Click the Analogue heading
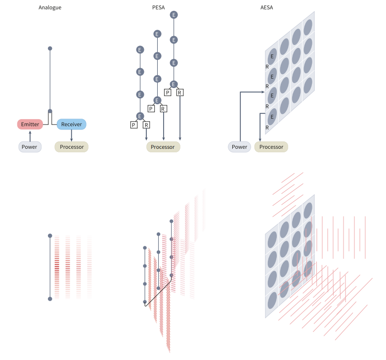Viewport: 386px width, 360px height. click(50, 7)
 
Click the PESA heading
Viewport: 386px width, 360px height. click(159, 7)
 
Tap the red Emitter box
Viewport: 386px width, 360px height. click(30, 124)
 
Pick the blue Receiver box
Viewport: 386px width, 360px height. click(72, 124)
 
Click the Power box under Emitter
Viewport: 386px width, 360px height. click(30, 147)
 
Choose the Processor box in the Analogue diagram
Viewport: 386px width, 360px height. click(72, 147)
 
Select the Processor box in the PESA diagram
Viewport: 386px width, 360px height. click(163, 147)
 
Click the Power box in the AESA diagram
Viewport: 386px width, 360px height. click(240, 147)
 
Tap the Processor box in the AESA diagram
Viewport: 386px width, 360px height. click(271, 147)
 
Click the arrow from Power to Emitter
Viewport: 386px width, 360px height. click(30, 135)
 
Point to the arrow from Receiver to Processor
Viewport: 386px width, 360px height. click(72, 135)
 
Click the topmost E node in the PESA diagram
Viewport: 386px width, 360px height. click(173, 15)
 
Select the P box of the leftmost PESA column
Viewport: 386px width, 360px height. click(133, 125)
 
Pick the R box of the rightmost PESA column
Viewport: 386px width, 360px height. click(180, 92)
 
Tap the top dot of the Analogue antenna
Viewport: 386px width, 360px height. click(50, 48)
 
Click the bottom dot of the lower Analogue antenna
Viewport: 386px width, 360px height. click(50, 299)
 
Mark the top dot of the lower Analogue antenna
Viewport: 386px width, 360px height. click(50, 235)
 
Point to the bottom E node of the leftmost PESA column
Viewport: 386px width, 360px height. click(140, 116)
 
